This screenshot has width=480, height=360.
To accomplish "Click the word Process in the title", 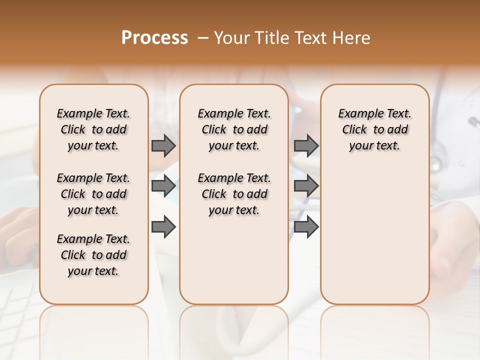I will coord(154,38).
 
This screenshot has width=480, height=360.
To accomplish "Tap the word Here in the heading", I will coord(352,38).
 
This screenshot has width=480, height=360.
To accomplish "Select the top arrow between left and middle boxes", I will coord(163,146).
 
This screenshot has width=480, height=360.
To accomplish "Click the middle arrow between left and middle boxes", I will coord(163,186).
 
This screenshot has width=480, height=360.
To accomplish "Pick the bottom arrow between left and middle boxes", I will coord(163,227).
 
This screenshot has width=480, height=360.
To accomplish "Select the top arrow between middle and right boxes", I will coord(306,146).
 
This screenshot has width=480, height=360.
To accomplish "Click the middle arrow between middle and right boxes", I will coord(306,186).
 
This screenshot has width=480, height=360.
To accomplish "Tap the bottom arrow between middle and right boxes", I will coord(306,227).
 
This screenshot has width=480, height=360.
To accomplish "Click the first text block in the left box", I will coord(93,129).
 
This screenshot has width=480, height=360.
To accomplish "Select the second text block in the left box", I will coord(93,194).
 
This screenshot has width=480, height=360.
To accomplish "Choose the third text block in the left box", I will coord(93,255).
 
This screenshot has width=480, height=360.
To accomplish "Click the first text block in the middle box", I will coord(234,129).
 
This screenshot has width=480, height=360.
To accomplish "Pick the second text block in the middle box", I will coord(234,194).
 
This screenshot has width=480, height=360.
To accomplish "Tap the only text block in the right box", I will coord(374,129).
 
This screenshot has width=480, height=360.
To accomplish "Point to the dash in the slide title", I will coord(203,38).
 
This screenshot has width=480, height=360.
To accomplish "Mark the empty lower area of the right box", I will coord(374,240).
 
